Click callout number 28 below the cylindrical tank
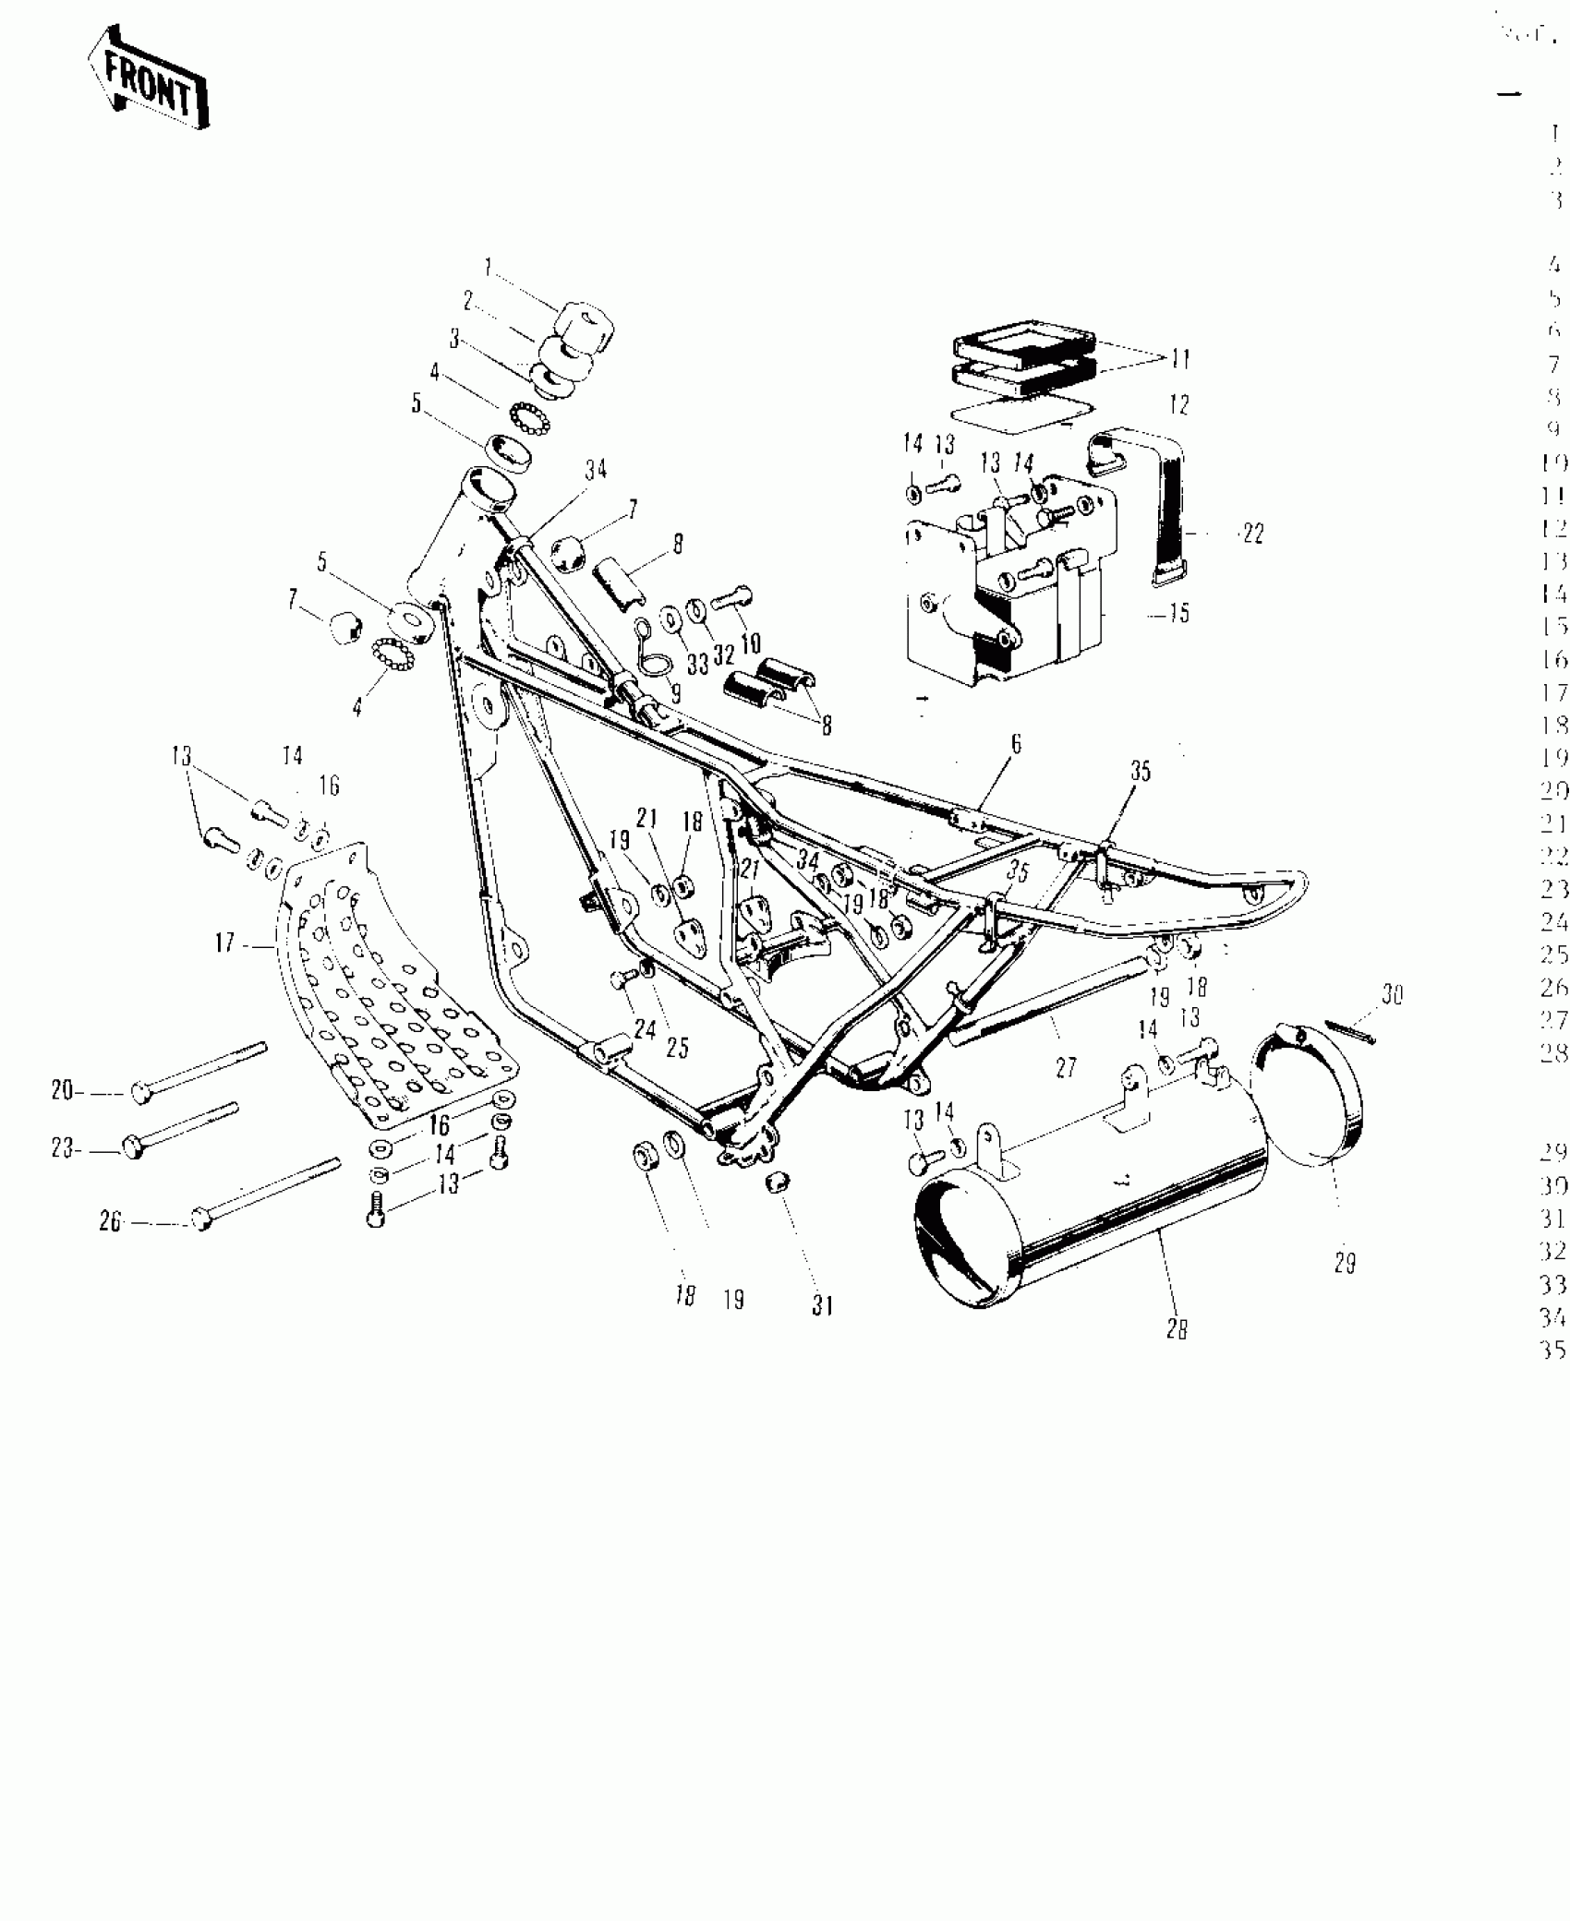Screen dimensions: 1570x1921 tap(1177, 1329)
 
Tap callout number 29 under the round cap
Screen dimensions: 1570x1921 tap(1345, 1264)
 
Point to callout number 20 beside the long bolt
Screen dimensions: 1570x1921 tap(63, 1090)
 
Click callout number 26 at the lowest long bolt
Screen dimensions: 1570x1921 tap(111, 1221)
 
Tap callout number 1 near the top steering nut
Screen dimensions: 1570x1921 tap(489, 269)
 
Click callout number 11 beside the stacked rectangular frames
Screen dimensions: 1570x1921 tap(1181, 359)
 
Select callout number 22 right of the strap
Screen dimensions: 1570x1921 tap(1252, 534)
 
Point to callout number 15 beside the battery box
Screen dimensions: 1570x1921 tap(1179, 613)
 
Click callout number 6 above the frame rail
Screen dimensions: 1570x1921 tap(1016, 744)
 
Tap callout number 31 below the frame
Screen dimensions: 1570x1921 tap(823, 1305)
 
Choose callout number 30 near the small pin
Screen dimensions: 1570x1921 tap(1392, 995)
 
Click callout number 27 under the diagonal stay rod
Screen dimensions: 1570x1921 tap(1067, 1068)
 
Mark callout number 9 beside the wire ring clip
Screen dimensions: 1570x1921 tap(676, 692)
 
